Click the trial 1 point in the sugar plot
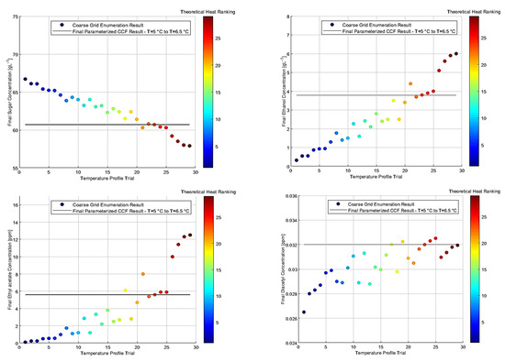[x=25, y=79]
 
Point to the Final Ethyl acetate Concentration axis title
[x=6, y=269]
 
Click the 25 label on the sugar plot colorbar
[x=218, y=39]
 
